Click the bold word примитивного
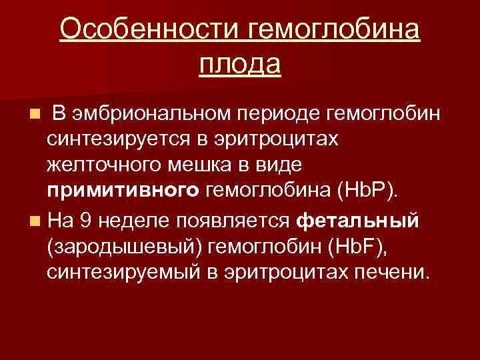[123, 192]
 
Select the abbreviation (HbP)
[370, 192]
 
